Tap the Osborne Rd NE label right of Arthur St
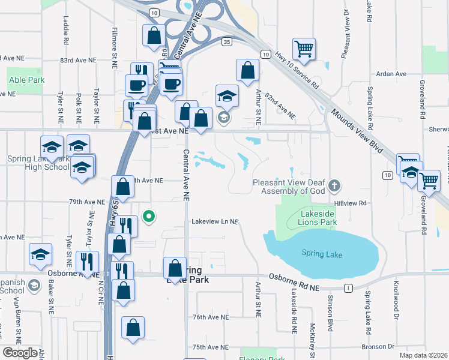(x=294, y=288)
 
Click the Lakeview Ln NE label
(x=215, y=221)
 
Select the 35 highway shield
(x=226, y=41)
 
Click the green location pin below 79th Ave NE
(x=149, y=215)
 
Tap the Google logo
(x=20, y=353)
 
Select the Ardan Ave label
(x=391, y=74)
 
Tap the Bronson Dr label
(x=378, y=347)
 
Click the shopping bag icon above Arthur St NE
(x=247, y=70)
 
